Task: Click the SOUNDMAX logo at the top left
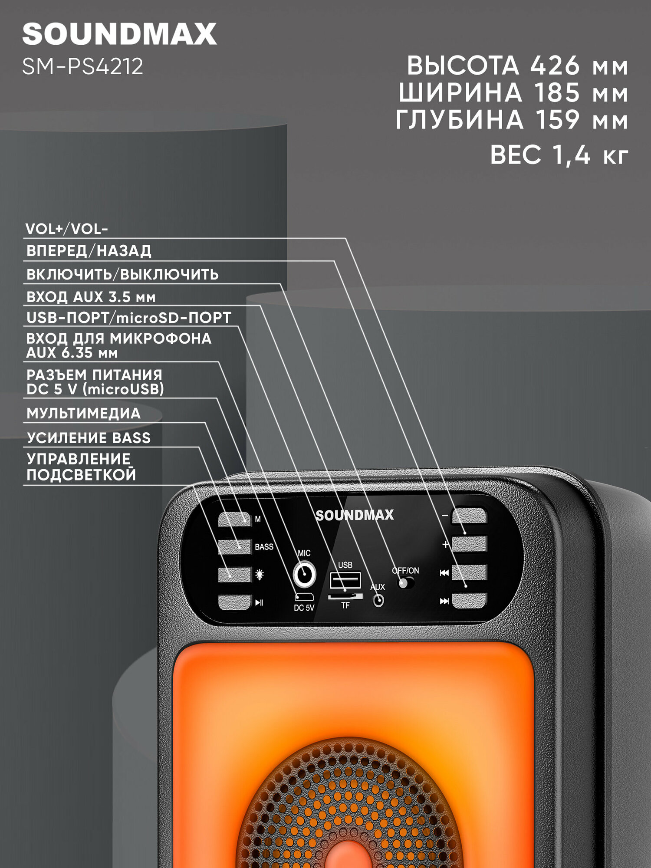click(119, 34)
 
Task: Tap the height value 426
click(555, 66)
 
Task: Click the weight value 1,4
click(571, 155)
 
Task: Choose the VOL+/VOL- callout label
click(66, 229)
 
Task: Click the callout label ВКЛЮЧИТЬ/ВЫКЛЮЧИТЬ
click(122, 274)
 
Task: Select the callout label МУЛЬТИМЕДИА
click(83, 413)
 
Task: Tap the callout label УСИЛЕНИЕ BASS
click(89, 438)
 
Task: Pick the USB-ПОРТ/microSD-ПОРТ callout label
click(128, 318)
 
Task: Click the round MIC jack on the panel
click(304, 574)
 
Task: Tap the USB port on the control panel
click(345, 580)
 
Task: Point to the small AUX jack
click(378, 601)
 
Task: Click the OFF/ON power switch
click(406, 582)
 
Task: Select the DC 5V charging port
click(304, 598)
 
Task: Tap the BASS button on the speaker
click(235, 547)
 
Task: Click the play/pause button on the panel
click(235, 602)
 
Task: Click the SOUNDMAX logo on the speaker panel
click(355, 515)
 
